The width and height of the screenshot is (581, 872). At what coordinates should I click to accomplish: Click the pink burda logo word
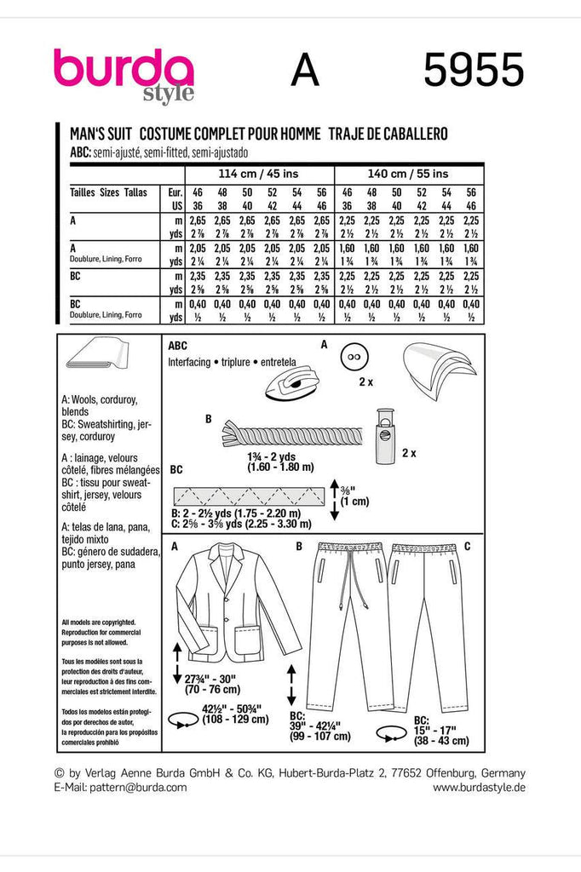point(124,68)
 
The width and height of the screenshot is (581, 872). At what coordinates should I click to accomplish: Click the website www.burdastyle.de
point(479,788)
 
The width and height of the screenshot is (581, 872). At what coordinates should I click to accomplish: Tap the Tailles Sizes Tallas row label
point(108,192)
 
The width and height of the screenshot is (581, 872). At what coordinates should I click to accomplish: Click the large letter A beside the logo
point(304,71)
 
